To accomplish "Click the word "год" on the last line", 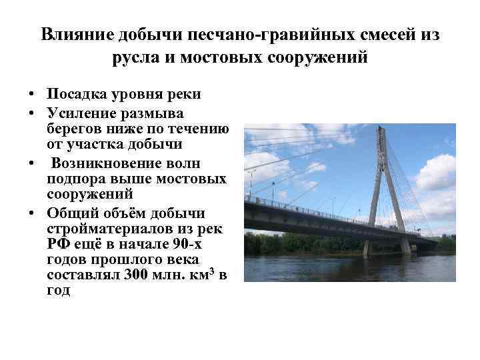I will tap(59, 291).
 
